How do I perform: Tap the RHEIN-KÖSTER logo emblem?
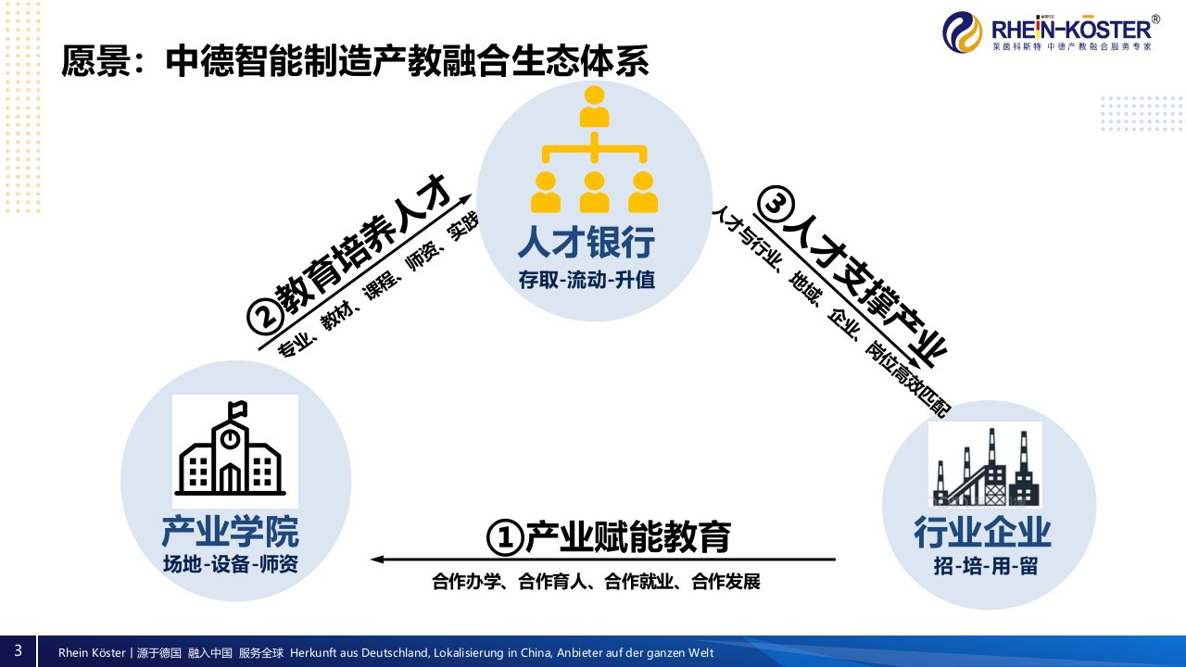click(963, 33)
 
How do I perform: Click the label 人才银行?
click(587, 243)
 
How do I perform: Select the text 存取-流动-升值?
click(587, 279)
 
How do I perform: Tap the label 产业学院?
click(230, 533)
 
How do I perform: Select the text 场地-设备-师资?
click(230, 563)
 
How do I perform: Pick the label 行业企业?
click(983, 533)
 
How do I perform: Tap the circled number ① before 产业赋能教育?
click(505, 538)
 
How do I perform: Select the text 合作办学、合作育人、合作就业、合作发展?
click(596, 583)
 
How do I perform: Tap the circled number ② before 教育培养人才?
click(264, 317)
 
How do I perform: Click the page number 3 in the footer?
click(18, 649)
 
